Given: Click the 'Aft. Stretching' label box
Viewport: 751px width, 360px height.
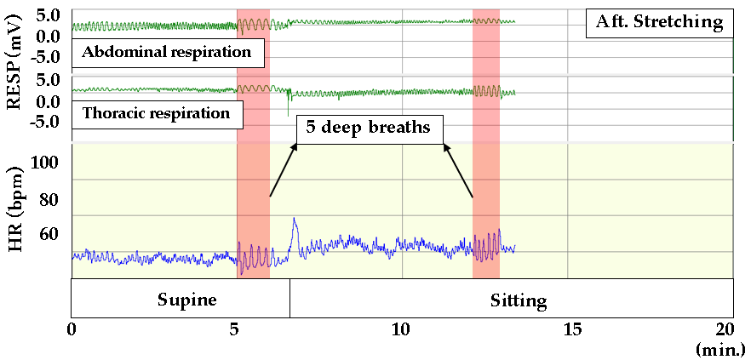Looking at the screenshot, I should [x=659, y=21].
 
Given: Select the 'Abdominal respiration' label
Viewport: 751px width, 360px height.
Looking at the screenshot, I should [x=167, y=53].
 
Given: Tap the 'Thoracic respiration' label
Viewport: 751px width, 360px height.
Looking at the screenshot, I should [x=156, y=113].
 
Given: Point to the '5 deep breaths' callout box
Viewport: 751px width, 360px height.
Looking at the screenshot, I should [x=370, y=128].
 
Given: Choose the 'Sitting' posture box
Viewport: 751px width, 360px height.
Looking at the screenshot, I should [x=519, y=300].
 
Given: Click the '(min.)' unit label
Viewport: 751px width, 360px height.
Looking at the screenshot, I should [x=721, y=349].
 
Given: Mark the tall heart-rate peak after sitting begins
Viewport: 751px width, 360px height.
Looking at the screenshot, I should [x=294, y=220].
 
